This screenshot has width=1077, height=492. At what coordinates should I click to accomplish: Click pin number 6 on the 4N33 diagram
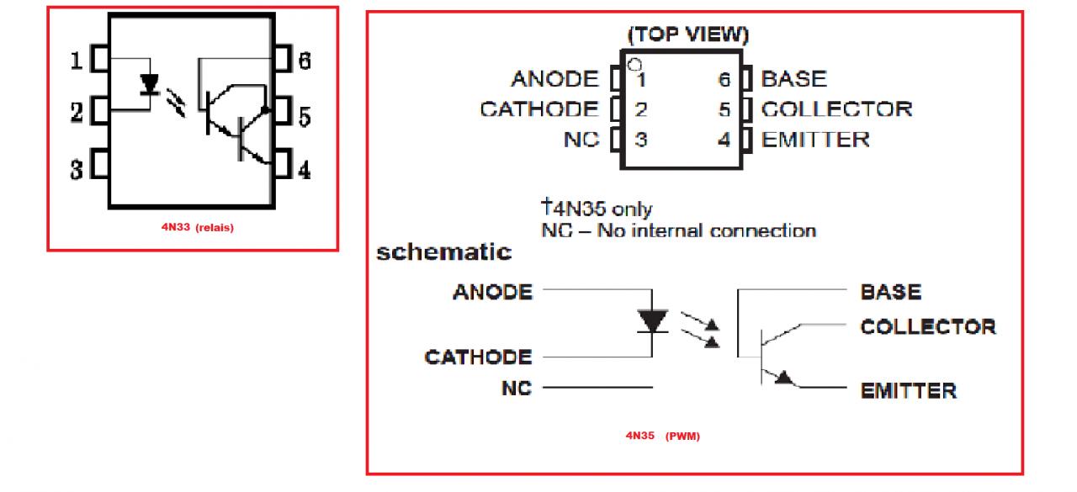click(x=304, y=61)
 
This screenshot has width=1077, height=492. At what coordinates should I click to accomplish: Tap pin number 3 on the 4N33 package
click(x=76, y=170)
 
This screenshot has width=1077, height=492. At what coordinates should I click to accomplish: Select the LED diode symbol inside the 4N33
click(x=150, y=84)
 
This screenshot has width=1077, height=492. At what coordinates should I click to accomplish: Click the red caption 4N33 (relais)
click(x=198, y=227)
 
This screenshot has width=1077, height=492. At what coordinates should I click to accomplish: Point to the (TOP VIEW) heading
click(x=688, y=35)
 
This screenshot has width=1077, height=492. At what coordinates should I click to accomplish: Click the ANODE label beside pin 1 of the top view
click(x=554, y=79)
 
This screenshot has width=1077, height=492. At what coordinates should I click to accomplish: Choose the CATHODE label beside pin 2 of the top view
click(x=539, y=109)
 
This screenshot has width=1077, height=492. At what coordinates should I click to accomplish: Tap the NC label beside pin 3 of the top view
click(x=581, y=139)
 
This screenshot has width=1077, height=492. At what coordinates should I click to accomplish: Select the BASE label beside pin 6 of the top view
click(x=793, y=79)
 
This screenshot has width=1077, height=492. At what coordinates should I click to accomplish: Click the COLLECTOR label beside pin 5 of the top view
click(x=836, y=109)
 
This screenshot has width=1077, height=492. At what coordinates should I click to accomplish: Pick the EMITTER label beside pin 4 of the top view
click(x=815, y=139)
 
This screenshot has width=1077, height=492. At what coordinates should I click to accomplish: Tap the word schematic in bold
click(x=443, y=251)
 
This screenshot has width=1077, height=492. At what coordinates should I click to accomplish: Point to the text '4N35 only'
click(x=596, y=208)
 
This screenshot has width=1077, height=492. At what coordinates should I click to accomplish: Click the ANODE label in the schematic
click(x=492, y=292)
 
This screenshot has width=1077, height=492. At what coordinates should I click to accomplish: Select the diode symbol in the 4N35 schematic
click(x=652, y=320)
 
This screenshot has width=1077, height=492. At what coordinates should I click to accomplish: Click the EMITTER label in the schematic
click(x=908, y=390)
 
